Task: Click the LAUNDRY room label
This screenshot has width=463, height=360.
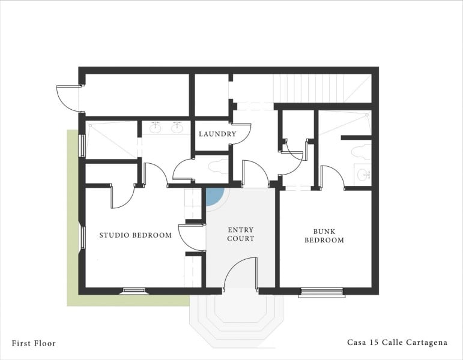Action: [217, 134]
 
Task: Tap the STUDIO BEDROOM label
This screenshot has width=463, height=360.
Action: [136, 235]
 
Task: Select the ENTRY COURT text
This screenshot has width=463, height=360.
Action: [241, 234]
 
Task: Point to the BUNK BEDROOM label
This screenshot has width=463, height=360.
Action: [324, 236]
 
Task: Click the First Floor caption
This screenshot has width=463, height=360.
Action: [34, 343]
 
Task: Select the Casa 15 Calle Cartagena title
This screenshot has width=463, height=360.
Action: [397, 343]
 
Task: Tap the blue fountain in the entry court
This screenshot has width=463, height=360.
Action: [214, 196]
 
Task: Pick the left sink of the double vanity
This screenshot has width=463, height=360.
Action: [156, 127]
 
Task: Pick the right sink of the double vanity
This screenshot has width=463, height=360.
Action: [177, 127]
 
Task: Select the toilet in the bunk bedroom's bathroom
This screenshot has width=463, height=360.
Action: [362, 151]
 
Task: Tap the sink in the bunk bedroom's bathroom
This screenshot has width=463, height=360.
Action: [363, 175]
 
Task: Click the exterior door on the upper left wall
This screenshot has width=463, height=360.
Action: [68, 98]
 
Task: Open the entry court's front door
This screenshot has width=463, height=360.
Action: [241, 274]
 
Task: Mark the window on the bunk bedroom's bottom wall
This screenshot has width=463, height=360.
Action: [322, 292]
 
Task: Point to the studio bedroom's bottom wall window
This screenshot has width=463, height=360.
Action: [133, 292]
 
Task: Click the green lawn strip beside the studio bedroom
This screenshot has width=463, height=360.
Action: [73, 240]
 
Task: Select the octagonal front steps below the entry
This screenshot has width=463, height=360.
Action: [236, 318]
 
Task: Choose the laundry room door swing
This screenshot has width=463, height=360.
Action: [241, 133]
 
